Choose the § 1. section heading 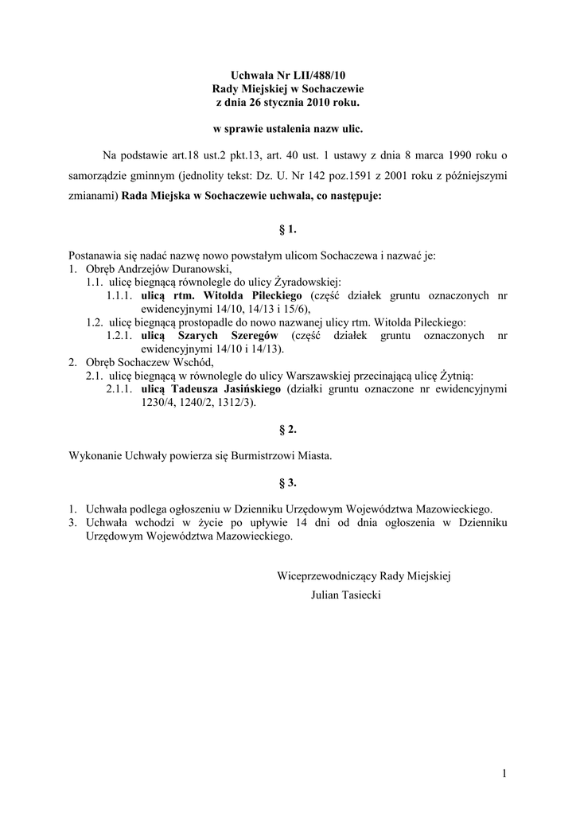(287, 229)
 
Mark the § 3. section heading (287, 482)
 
